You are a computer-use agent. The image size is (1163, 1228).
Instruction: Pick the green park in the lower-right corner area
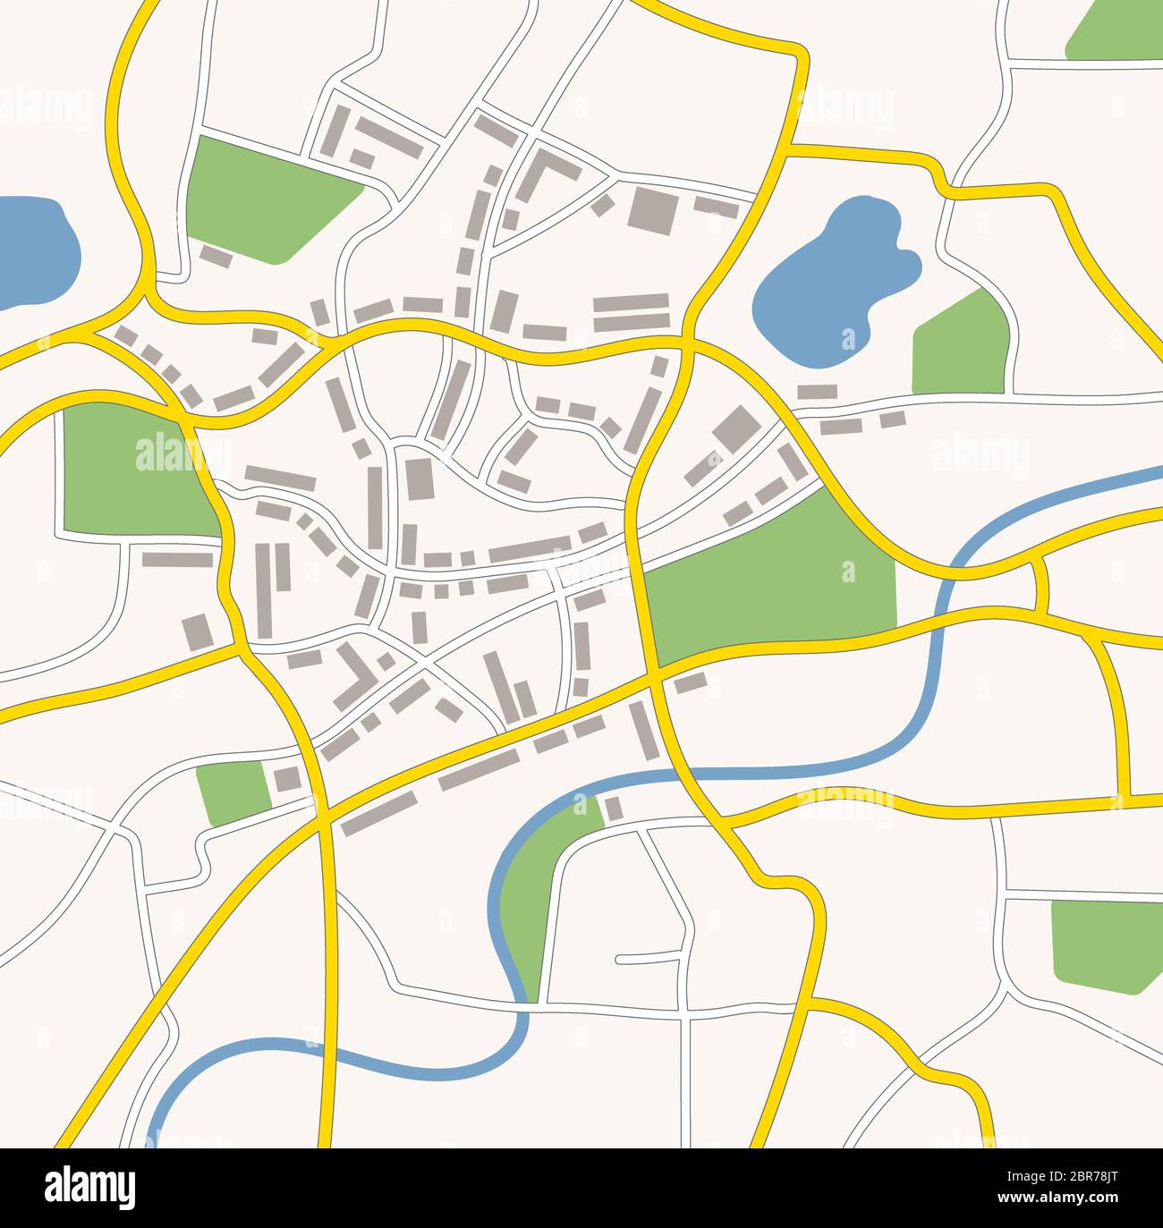1105,944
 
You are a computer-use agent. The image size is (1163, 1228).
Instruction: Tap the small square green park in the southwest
231,792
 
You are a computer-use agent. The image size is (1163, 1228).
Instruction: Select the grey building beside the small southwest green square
285,779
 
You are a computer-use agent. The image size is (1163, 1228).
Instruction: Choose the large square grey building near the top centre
648,209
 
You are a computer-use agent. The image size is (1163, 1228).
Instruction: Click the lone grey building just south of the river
614,809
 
